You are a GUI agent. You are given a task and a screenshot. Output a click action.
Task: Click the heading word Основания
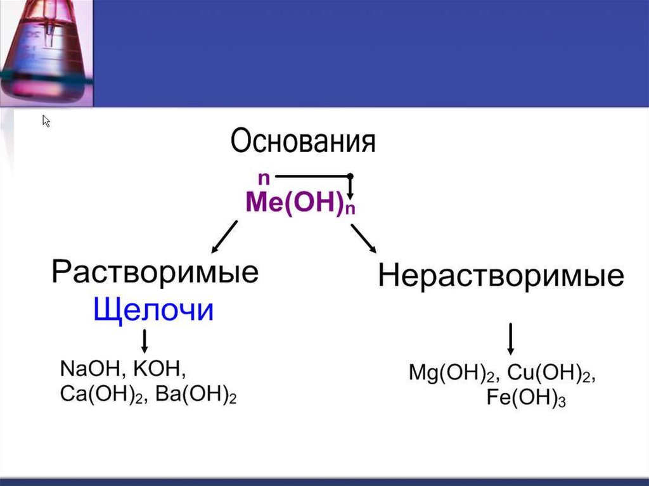pos(303,142)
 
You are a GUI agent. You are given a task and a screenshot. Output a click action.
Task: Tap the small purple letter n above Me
pos(264,178)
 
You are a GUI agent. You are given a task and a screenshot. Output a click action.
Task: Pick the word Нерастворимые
pos(501,276)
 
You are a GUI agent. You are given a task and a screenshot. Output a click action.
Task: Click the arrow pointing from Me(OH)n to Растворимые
pos(224,237)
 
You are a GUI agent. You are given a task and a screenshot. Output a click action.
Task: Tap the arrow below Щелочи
pos(145,341)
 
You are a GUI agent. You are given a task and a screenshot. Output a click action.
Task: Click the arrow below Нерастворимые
pos(511,339)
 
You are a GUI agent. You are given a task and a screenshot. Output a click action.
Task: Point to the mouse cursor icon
pos(46,121)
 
